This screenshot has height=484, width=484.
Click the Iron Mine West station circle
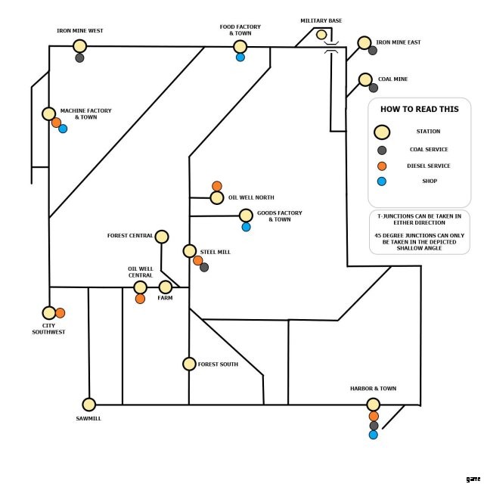coord(79,46)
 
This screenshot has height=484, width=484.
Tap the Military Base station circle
coord(321,34)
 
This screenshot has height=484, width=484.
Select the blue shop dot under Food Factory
coord(240,57)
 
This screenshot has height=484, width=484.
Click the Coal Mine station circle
coord(365,79)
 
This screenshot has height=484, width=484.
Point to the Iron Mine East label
coord(398,42)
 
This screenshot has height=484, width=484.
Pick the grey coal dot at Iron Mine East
coord(373,51)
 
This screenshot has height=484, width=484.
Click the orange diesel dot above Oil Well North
coord(217,186)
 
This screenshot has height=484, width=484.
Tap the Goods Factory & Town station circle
coord(246,215)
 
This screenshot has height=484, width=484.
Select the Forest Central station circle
coord(161,236)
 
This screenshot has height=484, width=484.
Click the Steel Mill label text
coord(215,252)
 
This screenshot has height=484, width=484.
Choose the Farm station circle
coord(165,287)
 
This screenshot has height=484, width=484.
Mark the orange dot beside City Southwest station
coord(60,312)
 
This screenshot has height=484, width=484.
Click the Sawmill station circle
coord(88,405)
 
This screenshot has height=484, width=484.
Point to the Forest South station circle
coord(189,364)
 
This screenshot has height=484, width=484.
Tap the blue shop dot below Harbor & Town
coord(373,435)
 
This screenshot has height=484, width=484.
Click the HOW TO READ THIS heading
coord(418,109)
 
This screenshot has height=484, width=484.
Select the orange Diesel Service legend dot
coord(382,166)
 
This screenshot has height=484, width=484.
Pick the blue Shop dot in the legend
coord(382,181)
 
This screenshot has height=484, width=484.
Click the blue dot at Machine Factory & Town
coord(63,129)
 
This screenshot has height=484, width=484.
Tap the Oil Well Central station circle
coord(141,287)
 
